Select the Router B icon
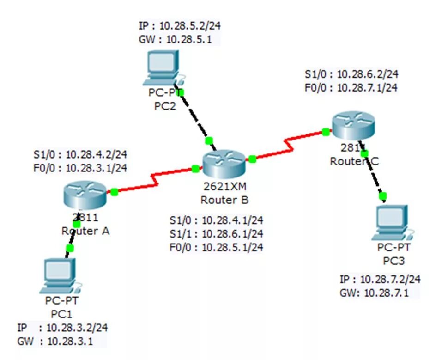(x=224, y=165)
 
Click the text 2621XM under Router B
(x=224, y=187)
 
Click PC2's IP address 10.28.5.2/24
(x=193, y=25)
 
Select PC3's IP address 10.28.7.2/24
(x=390, y=279)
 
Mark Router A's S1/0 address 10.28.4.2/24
(x=97, y=154)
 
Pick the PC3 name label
(x=394, y=261)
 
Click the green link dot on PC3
(x=382, y=197)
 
